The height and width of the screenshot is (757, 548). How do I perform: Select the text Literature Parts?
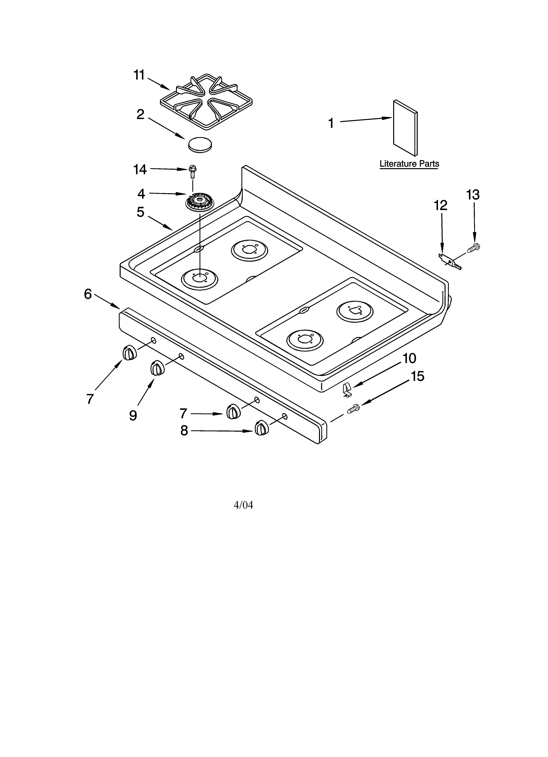point(409,164)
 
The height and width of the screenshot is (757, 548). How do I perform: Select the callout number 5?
point(140,212)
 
